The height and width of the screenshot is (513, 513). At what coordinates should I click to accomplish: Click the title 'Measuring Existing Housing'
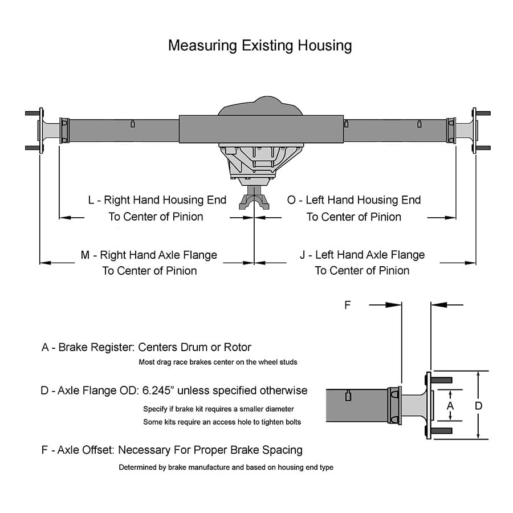coord(259,46)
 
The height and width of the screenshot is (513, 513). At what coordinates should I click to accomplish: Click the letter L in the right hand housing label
coord(91,200)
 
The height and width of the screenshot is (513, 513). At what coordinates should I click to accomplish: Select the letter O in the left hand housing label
coord(291,200)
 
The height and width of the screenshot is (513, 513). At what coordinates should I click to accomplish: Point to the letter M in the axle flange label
coord(85,255)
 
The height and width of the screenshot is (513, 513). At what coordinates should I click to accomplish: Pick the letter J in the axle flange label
coord(303,255)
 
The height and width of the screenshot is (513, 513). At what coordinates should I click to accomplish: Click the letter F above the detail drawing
coord(347,305)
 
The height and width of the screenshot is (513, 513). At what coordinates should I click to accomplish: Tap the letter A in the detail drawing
coord(450,405)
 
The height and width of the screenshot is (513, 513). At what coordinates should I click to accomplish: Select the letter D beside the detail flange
coord(479,405)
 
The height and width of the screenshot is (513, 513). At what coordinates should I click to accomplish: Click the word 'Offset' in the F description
coord(98,450)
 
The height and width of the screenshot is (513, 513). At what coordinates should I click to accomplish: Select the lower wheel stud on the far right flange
coord(483,148)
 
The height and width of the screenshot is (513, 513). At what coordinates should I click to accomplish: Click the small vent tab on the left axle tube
coord(132,124)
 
